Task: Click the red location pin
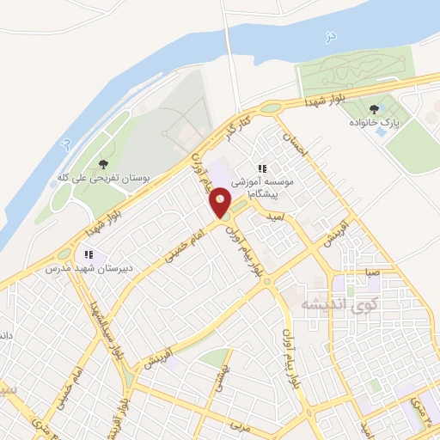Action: (x=221, y=204)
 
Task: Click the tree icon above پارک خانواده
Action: (x=374, y=109)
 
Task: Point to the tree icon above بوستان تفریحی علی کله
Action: (x=104, y=163)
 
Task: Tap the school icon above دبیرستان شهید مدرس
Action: (x=88, y=254)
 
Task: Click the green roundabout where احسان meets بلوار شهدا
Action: (x=272, y=109)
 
